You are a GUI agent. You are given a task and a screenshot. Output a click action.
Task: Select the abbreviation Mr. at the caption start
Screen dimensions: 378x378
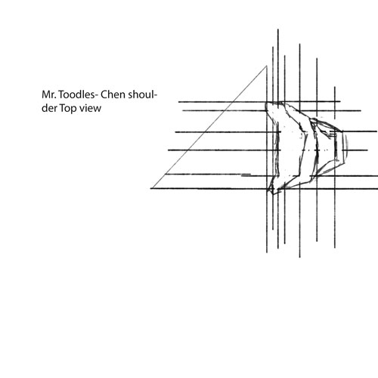point(49,94)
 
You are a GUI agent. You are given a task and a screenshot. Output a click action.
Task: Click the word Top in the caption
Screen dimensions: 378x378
point(67,108)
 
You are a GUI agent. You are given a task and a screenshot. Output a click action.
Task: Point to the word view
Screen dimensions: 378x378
point(90,108)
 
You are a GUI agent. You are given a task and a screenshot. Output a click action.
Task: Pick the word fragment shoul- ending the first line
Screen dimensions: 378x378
point(143,94)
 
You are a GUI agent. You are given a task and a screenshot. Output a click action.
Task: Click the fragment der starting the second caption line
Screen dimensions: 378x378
point(49,108)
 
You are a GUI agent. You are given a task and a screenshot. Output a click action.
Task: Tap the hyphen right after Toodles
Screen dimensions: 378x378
point(97,96)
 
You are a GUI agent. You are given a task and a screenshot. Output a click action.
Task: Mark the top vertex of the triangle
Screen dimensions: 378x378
point(267,66)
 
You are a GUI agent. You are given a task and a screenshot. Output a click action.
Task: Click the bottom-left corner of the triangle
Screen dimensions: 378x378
point(151,188)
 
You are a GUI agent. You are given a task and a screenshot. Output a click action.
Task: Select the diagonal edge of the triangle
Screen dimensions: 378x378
point(209,127)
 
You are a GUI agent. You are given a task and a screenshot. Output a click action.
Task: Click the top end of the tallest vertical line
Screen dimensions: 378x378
point(278,29)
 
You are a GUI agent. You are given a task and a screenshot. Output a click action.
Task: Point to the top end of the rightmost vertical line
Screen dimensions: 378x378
point(335,87)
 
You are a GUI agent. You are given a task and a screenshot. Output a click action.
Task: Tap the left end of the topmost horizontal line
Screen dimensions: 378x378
point(178,102)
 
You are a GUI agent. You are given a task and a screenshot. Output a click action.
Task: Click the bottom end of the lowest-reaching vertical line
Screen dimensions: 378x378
point(299,258)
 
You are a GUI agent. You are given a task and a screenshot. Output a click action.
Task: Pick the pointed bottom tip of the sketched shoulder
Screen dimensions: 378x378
point(273,194)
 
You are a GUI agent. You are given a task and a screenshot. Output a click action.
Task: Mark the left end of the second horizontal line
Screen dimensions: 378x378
point(183,110)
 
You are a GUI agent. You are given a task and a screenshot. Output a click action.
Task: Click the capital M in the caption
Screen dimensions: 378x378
point(45,94)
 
